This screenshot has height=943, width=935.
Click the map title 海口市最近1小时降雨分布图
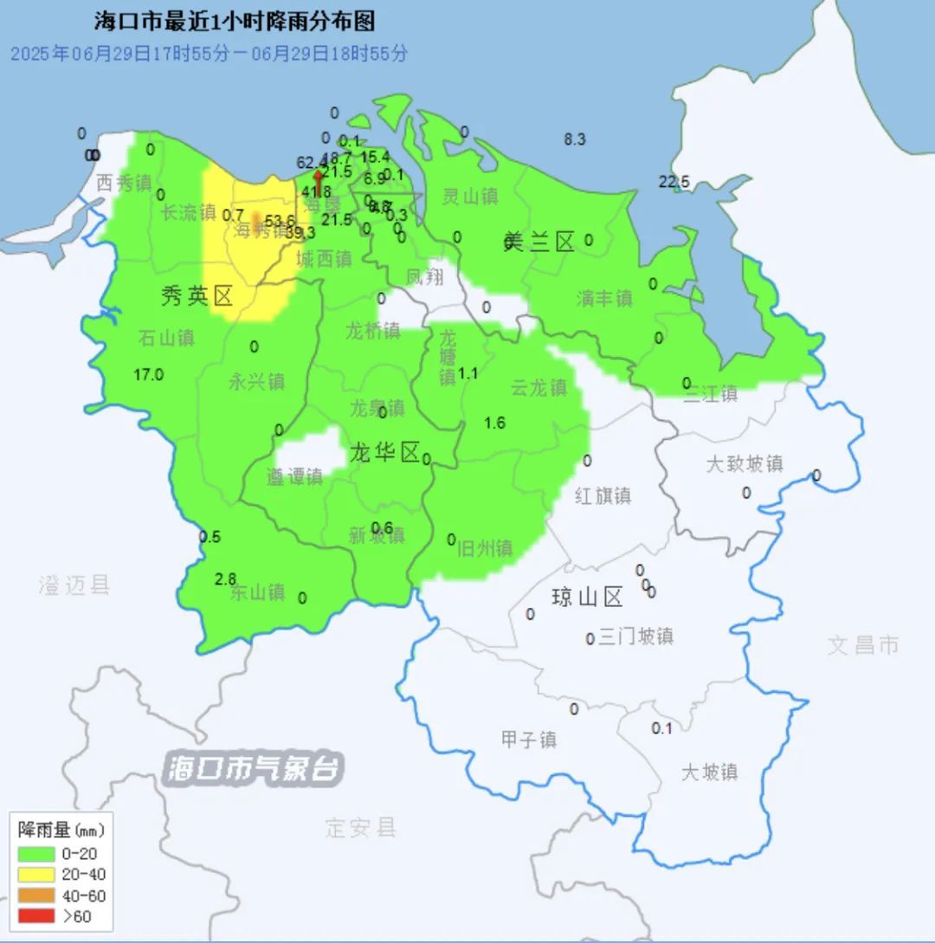click(235, 21)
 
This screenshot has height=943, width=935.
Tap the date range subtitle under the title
click(209, 53)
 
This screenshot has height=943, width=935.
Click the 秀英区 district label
click(197, 297)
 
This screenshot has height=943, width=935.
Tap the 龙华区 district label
click(384, 451)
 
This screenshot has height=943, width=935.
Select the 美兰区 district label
click(538, 242)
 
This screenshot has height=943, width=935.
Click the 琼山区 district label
click(587, 597)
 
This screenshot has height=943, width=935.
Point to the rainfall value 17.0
click(149, 375)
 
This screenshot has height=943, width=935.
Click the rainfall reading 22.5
click(674, 182)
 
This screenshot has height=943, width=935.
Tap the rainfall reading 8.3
click(575, 139)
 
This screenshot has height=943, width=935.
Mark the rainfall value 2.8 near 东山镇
click(226, 578)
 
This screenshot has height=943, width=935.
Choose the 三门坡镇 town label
click(635, 636)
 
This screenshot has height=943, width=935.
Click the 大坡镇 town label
click(708, 772)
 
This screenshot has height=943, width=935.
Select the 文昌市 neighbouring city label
click(863, 644)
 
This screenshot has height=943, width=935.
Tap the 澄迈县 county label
click(74, 585)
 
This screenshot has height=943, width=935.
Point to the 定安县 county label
click(361, 827)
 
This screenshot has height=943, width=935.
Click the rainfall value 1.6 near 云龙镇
click(494, 423)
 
